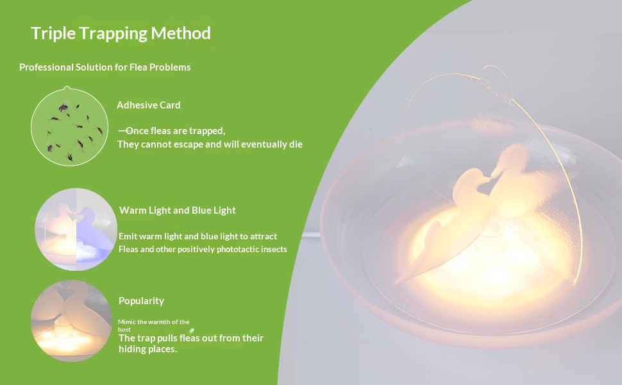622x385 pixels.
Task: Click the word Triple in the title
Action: tap(53, 34)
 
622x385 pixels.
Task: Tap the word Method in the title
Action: tap(181, 33)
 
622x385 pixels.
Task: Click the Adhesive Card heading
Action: tap(148, 105)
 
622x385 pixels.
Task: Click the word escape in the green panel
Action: tap(172, 144)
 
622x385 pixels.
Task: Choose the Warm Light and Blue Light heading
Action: tap(178, 210)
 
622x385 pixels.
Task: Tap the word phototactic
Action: tap(237, 249)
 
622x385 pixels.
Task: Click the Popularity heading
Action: tap(141, 301)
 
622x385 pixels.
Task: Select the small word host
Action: tap(124, 329)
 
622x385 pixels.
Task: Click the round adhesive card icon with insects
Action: tap(69, 126)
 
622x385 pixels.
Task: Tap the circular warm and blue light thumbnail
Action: tap(76, 230)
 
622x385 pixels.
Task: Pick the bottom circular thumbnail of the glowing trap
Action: tap(71, 321)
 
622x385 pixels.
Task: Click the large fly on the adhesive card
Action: tap(63, 107)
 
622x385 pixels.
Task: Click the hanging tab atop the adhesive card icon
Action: tap(67, 88)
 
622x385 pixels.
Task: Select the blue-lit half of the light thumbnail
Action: tap(96, 230)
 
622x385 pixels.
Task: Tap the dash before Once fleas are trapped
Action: tap(122, 130)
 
